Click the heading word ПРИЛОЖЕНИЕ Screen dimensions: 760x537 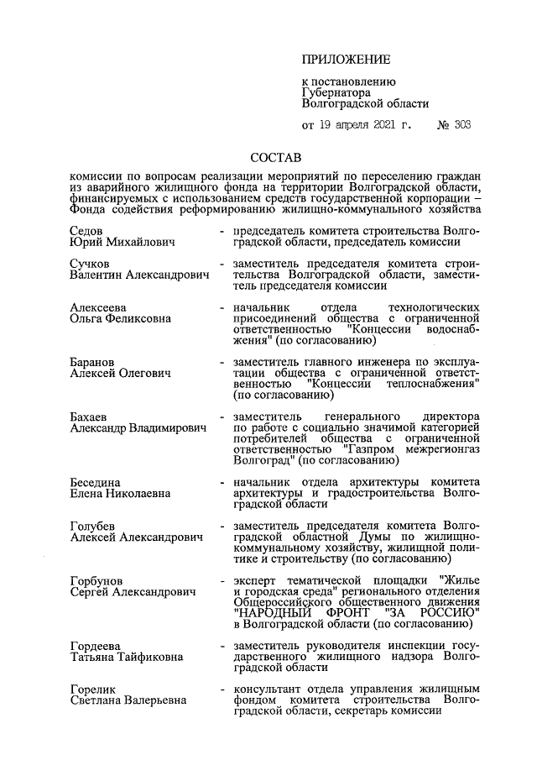pyautogui.click(x=347, y=60)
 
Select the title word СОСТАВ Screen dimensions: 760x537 pyautogui.click(x=276, y=157)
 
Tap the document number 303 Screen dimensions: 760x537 pyautogui.click(x=460, y=126)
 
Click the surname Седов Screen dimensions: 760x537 pyautogui.click(x=87, y=230)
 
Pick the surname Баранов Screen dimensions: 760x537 pyautogui.click(x=95, y=361)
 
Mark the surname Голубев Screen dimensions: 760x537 pyautogui.click(x=94, y=527)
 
